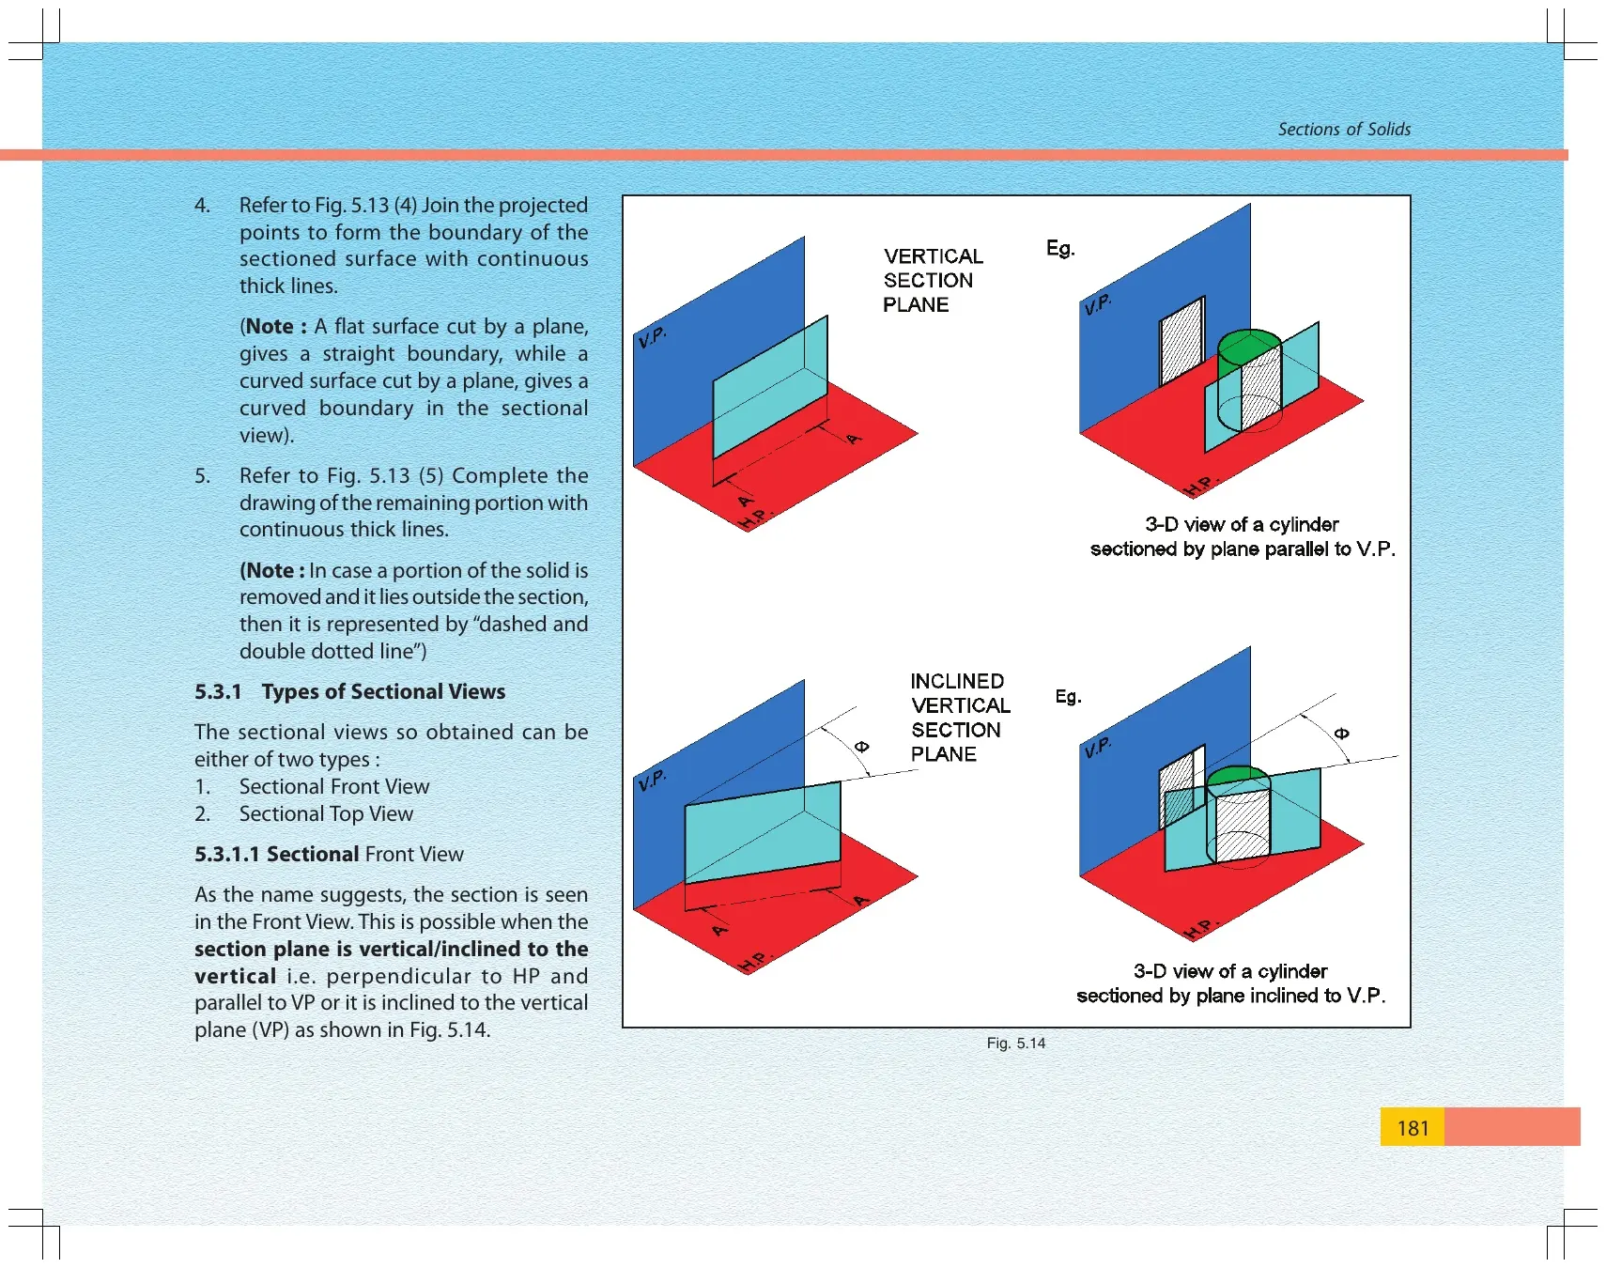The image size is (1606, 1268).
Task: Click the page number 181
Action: (1413, 1128)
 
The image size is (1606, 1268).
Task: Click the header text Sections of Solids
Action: (1344, 130)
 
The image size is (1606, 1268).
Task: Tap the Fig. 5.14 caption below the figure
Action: (1016, 1044)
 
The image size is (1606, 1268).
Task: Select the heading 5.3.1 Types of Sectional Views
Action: (349, 692)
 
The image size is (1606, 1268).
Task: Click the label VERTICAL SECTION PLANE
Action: (933, 280)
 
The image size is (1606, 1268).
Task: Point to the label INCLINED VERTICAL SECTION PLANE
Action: (960, 718)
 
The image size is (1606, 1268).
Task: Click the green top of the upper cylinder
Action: (1249, 345)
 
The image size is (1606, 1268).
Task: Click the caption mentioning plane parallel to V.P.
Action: (1243, 536)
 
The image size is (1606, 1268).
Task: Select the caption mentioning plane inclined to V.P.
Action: (1231, 983)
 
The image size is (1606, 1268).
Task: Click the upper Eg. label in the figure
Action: (1060, 248)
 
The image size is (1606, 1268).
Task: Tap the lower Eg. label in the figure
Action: (1068, 696)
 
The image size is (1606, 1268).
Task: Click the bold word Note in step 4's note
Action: (270, 327)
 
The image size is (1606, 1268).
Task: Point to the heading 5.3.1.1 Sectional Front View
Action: (329, 855)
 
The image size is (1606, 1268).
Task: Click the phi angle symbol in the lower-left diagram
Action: (861, 747)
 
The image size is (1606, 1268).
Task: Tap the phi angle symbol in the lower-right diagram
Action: (1341, 734)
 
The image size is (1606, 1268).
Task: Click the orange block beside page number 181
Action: (1512, 1126)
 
